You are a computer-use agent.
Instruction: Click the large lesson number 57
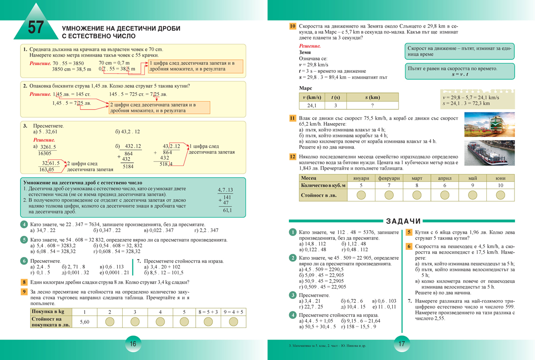coord(36,28)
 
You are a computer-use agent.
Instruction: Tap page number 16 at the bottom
coord(133,344)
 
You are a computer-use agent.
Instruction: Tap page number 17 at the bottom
coord(401,344)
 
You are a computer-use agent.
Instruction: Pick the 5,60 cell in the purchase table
coord(85,322)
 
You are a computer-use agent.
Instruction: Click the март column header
coord(416,178)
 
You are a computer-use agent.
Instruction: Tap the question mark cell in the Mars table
coord(372,106)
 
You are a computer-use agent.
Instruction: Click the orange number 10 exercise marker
coord(292,26)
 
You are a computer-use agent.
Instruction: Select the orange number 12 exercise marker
coord(292,157)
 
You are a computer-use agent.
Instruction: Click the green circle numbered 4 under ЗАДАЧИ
coord(292,315)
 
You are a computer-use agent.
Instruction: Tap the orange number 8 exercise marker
coord(24,282)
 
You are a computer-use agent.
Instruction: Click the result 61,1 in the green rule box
coord(228,211)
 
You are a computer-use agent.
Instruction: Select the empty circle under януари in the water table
coord(361,195)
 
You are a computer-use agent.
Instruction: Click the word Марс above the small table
coord(305,88)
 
